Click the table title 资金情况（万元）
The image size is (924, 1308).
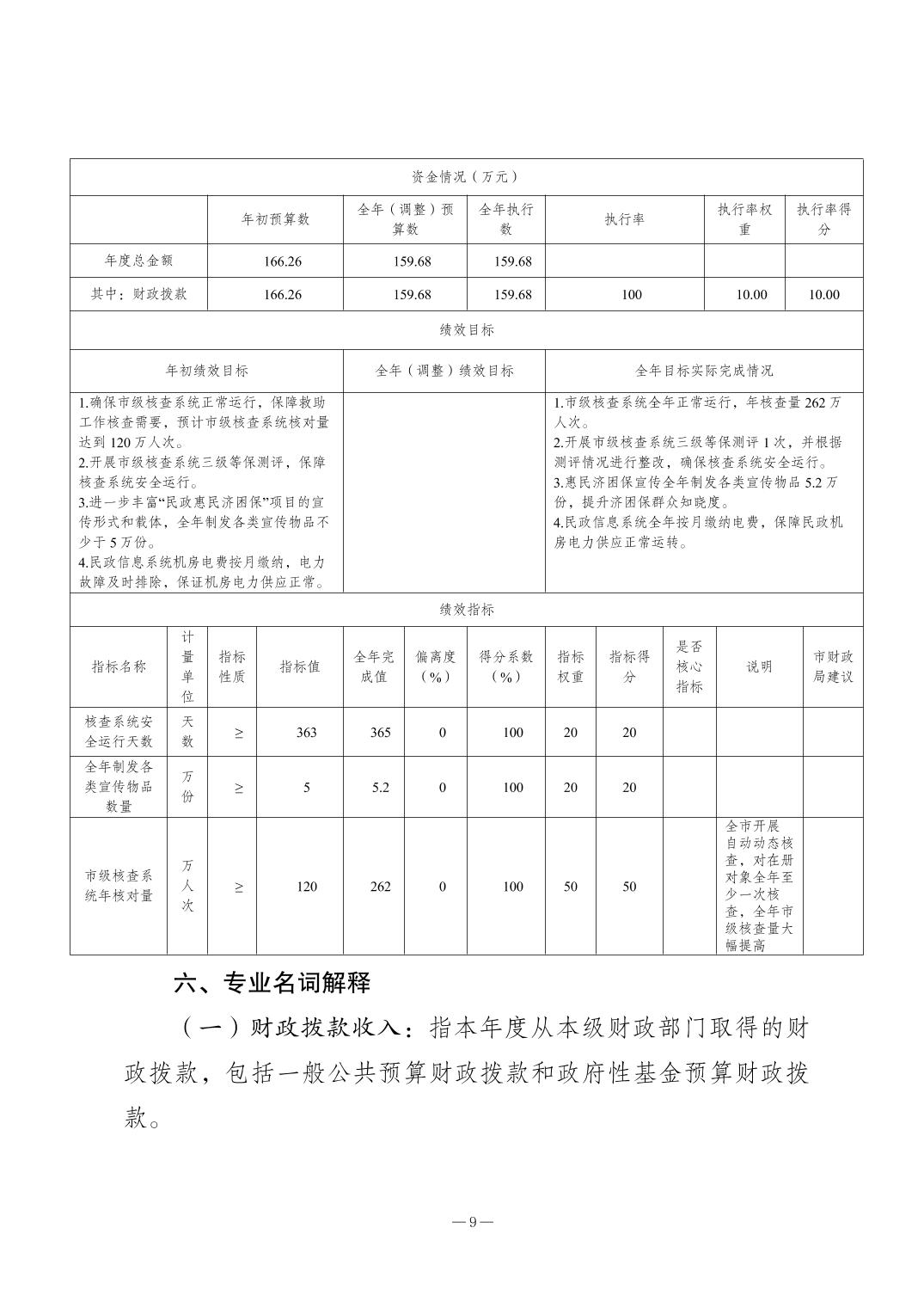click(x=466, y=177)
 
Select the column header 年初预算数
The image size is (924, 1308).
click(x=275, y=219)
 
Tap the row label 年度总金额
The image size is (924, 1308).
click(x=138, y=261)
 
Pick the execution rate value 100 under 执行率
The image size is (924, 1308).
click(x=632, y=294)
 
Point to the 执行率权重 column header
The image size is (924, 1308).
click(x=745, y=219)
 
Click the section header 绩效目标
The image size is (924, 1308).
click(x=466, y=330)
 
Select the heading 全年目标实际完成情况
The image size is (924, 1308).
click(x=704, y=371)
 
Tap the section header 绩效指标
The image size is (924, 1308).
click(x=466, y=610)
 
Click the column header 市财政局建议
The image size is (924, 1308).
click(x=833, y=666)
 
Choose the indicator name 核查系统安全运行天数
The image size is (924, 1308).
click(x=119, y=732)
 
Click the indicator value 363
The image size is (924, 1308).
click(x=307, y=733)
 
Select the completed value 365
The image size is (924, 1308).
click(x=380, y=733)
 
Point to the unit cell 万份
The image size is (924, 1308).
click(x=187, y=787)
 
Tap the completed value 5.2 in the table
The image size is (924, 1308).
click(x=380, y=787)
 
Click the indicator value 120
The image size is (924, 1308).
click(x=307, y=887)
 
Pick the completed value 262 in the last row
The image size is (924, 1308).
click(x=380, y=887)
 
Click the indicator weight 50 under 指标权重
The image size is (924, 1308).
click(x=571, y=887)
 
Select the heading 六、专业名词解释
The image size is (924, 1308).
click(x=272, y=983)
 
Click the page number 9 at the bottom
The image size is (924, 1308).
click(x=472, y=1223)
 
